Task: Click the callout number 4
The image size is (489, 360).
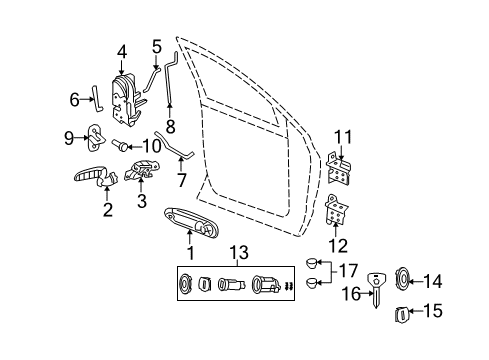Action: click(x=122, y=51)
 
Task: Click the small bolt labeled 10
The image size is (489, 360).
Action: click(x=117, y=143)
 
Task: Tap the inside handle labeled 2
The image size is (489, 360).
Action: click(x=95, y=177)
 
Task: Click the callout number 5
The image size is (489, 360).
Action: click(x=156, y=45)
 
